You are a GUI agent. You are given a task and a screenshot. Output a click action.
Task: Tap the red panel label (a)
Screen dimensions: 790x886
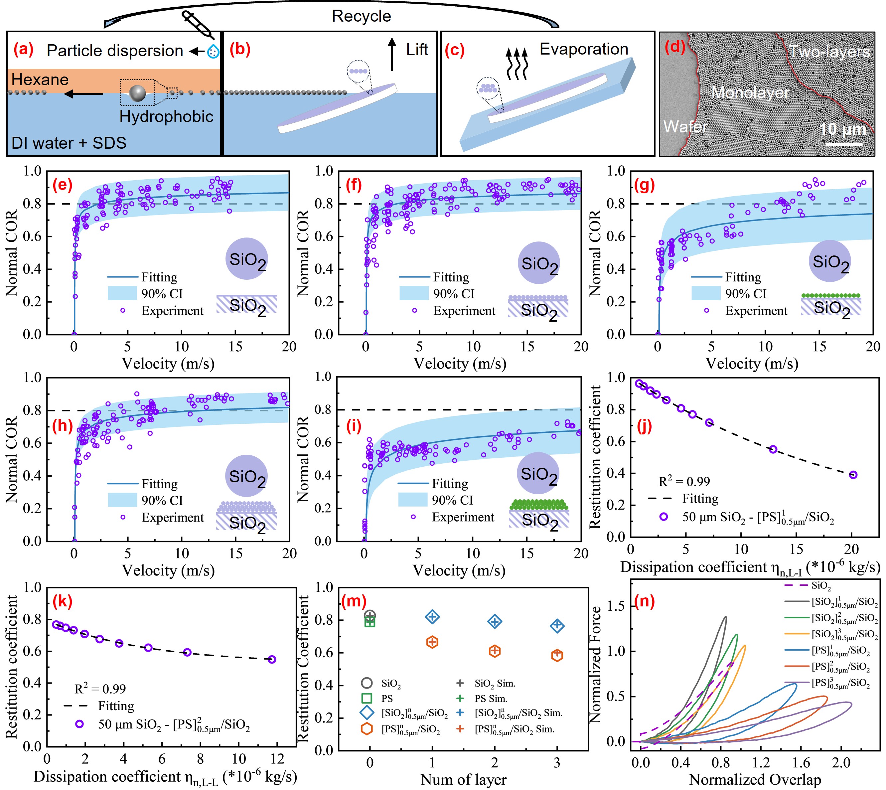(x=23, y=50)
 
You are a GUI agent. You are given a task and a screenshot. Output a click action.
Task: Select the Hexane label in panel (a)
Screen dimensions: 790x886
(x=40, y=79)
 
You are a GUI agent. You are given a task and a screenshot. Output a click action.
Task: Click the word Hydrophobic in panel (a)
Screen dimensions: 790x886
(x=166, y=116)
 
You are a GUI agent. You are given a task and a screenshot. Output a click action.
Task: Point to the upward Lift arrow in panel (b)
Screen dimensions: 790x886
(x=392, y=54)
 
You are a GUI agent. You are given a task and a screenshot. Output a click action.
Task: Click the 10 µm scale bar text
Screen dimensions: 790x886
(x=842, y=129)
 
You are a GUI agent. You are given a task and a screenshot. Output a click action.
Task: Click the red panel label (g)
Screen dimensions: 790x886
(x=644, y=185)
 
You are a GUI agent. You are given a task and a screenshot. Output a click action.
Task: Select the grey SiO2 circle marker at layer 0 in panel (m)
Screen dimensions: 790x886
(x=370, y=615)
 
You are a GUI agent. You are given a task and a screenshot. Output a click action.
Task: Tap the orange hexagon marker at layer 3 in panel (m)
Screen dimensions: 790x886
(x=557, y=655)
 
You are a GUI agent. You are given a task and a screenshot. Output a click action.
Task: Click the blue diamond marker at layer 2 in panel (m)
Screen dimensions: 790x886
(x=495, y=622)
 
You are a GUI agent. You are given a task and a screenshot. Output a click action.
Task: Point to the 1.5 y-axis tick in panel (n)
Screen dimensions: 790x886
(x=620, y=606)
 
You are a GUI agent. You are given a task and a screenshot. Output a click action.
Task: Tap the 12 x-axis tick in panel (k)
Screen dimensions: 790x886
(x=277, y=759)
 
